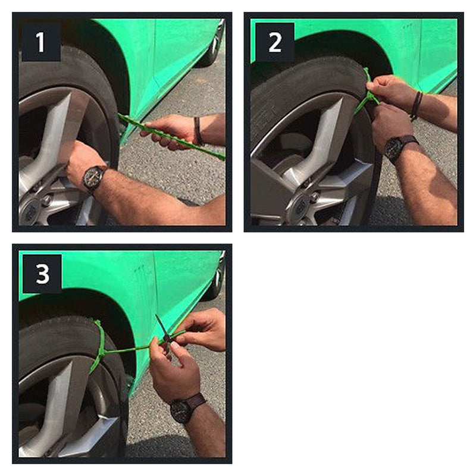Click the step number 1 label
40,42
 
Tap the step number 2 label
274,42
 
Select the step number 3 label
42,274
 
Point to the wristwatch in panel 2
395,147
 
